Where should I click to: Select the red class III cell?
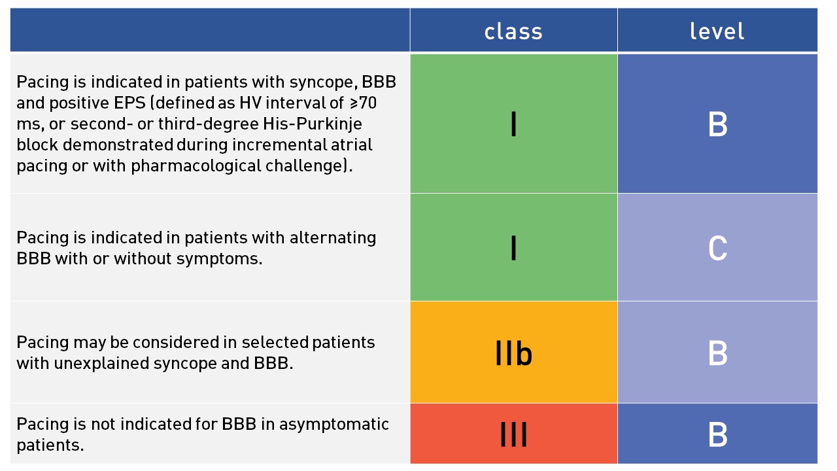[x=513, y=434]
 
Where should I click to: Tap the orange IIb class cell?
[x=513, y=352]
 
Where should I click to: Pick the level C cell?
[x=717, y=247]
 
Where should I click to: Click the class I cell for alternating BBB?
[x=513, y=247]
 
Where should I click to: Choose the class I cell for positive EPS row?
[x=513, y=124]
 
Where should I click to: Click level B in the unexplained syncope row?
[x=717, y=352]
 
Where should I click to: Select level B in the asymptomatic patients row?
[x=717, y=434]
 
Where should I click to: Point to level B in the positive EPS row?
[x=717, y=124]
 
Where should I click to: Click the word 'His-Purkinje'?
[x=313, y=124]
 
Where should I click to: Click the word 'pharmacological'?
[x=196, y=166]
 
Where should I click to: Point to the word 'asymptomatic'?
[x=334, y=425]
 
